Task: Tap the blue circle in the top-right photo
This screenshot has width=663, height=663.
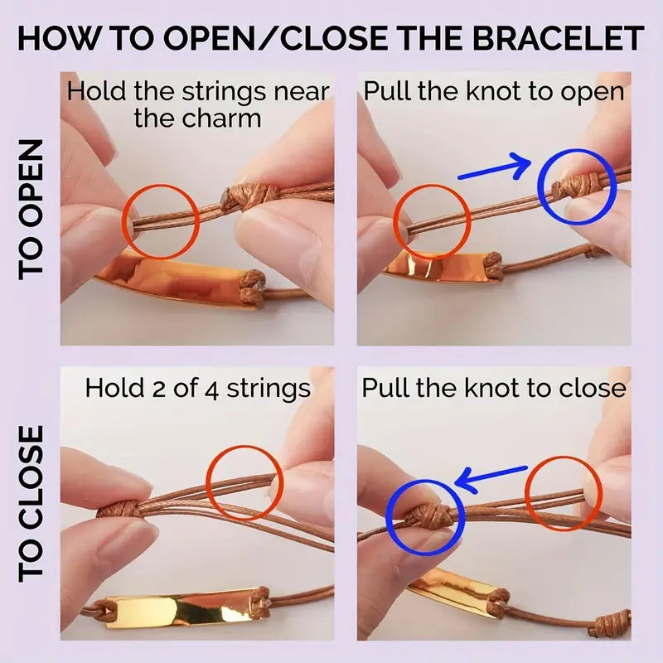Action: pyautogui.click(x=578, y=188)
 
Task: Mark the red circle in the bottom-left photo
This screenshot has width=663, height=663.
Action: pyautogui.click(x=241, y=483)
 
